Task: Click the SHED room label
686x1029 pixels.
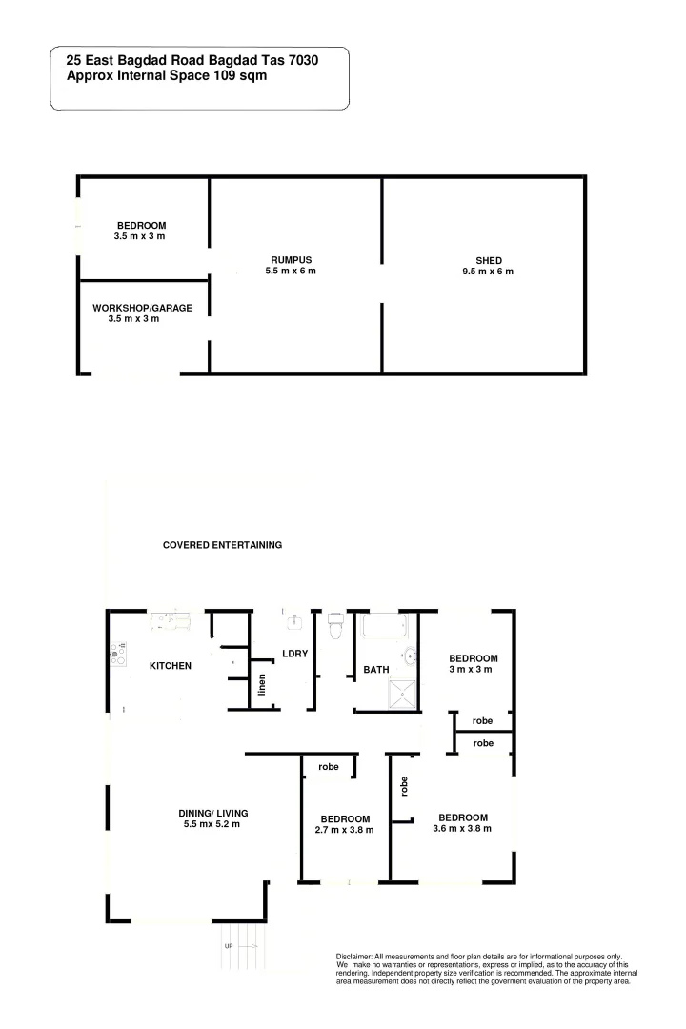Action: click(x=489, y=260)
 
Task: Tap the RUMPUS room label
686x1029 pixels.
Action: click(x=291, y=260)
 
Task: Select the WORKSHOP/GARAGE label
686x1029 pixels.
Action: click(x=142, y=308)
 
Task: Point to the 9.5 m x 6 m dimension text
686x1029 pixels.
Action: click(x=489, y=272)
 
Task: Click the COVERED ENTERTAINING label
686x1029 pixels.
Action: click(x=222, y=545)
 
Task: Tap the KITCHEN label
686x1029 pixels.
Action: click(x=171, y=665)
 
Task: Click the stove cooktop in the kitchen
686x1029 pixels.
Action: click(x=118, y=654)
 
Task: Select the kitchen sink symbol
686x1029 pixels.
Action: click(x=171, y=620)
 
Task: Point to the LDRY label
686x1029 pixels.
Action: click(x=293, y=654)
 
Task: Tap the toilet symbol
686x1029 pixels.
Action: click(x=334, y=626)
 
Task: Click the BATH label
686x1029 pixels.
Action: click(x=376, y=670)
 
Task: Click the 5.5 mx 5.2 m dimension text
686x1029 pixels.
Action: click(x=212, y=824)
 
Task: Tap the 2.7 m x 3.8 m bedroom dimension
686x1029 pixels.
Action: click(x=344, y=830)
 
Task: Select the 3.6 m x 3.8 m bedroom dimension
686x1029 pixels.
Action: click(x=462, y=829)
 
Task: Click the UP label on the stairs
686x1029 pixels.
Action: click(x=229, y=946)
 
